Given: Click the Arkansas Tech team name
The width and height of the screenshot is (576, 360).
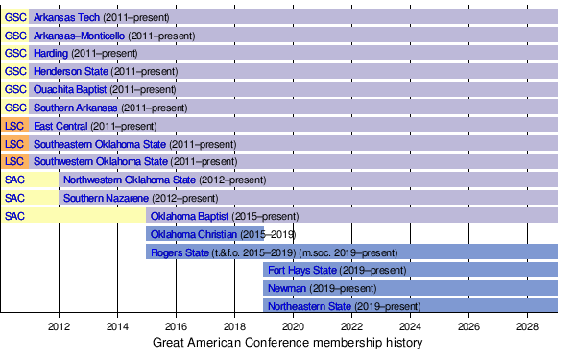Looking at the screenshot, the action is coord(66,17).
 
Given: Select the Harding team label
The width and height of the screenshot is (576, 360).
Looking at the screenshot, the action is coord(51,53).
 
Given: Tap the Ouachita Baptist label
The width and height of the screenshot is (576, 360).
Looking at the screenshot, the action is coord(70,89).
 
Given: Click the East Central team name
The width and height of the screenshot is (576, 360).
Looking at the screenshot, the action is coord(60,126).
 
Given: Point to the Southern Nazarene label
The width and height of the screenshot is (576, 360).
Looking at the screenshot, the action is coord(106,198).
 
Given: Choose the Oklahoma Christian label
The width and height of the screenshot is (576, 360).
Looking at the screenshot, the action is coord(194,234).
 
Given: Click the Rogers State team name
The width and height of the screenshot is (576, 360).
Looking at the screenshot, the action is coord(180,252).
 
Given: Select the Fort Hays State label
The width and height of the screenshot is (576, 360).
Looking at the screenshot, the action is coord(302,270).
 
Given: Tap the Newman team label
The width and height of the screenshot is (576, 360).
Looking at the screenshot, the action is coord(287,288).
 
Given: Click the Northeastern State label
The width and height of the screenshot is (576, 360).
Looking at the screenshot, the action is coord(309,306).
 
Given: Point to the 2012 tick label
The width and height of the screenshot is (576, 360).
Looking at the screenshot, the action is coord(59,326).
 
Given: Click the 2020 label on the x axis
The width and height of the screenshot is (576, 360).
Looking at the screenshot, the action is coord(293,326).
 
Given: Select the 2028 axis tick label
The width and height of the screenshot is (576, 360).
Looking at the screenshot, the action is coord(527,326).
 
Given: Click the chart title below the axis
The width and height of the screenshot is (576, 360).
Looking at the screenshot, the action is coord(288,343).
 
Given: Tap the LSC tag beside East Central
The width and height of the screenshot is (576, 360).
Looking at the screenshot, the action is coord(14,126).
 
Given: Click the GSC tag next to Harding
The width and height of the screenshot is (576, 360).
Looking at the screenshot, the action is coord(15,53).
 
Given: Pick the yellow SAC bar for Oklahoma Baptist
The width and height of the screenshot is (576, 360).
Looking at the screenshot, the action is coord(74,216).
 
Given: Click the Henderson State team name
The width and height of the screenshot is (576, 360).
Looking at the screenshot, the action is coord(71,71).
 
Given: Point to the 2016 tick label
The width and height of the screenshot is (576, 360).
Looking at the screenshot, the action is coord(176,326).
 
